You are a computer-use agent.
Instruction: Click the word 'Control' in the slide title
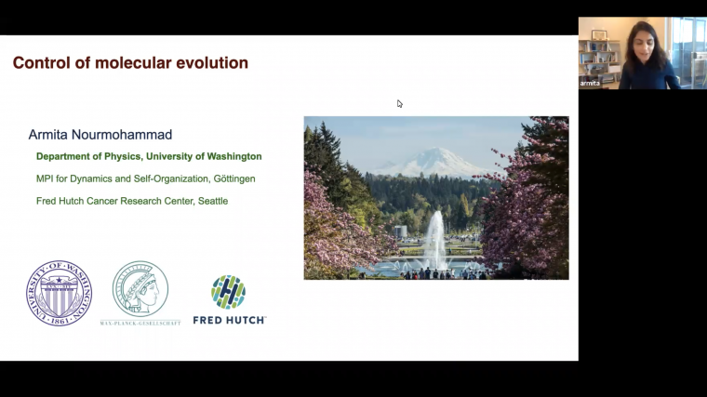(x=41, y=63)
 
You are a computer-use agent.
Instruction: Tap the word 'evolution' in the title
(x=210, y=63)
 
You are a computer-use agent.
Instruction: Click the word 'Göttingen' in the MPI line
(x=228, y=179)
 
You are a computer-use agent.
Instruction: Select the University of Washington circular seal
(x=59, y=293)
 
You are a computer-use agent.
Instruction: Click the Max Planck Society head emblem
(x=140, y=288)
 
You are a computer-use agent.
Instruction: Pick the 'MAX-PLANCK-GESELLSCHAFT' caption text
(x=140, y=323)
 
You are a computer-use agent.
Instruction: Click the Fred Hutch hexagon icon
(x=228, y=292)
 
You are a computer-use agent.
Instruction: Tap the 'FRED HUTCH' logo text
(x=229, y=320)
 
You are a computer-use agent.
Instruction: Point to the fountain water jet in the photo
(x=434, y=238)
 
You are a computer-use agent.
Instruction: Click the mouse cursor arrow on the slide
(x=400, y=104)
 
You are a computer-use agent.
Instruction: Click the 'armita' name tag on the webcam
(x=590, y=83)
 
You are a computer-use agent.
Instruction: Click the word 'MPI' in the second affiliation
(x=46, y=179)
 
